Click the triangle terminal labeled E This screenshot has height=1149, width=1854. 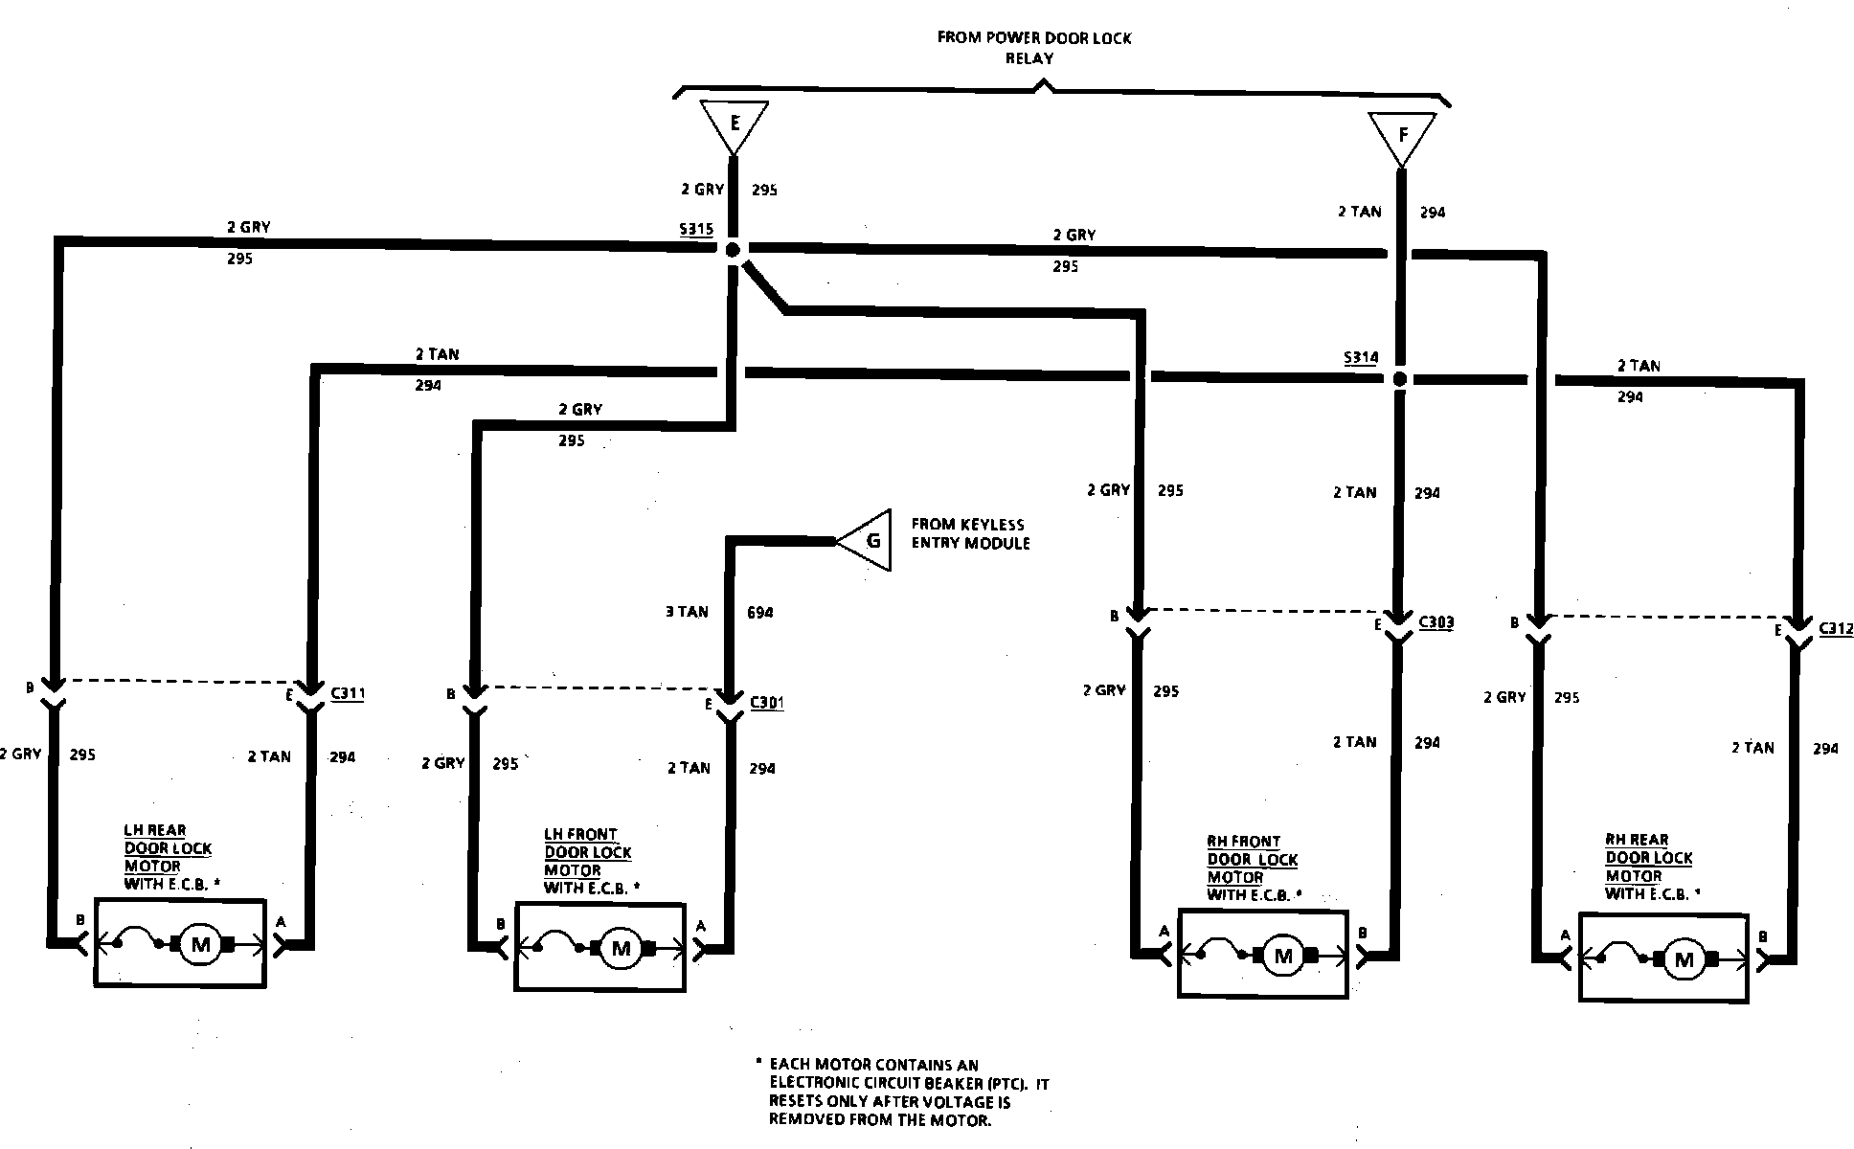point(735,124)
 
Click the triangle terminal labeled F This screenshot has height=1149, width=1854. point(1402,136)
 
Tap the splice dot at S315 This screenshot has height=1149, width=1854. point(733,250)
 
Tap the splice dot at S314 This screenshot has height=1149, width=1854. point(1399,379)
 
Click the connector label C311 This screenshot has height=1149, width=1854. point(347,693)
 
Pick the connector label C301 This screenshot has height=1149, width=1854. point(766,703)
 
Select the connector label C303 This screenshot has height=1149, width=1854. point(1436,622)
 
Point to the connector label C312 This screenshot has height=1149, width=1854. point(1836,629)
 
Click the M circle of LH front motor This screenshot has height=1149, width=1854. point(622,948)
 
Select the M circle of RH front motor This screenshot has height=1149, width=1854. point(1283,956)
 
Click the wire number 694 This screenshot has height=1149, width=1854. point(759,612)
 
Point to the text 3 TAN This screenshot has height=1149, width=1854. point(687,612)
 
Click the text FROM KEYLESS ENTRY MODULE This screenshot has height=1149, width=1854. point(969,533)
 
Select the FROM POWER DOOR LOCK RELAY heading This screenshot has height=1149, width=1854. point(1033,48)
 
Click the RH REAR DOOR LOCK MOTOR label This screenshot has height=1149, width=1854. point(1649,867)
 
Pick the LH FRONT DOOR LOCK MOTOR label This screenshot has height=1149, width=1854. point(588,861)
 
